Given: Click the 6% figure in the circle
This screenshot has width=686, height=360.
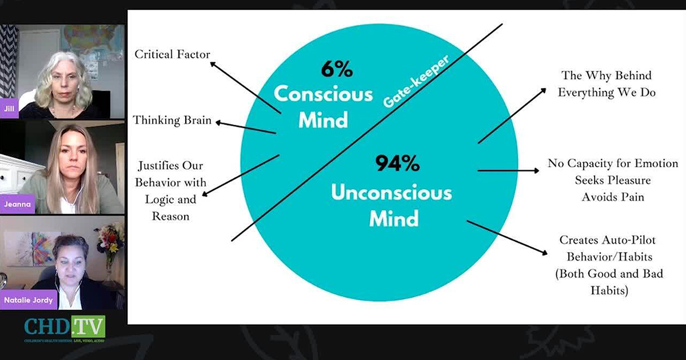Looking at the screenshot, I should tap(337, 70).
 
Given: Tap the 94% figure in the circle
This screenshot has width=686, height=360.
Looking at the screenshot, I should tap(397, 165).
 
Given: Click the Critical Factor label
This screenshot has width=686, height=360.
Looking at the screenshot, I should tap(172, 55).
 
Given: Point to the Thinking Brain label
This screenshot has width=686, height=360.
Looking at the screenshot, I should tap(172, 121).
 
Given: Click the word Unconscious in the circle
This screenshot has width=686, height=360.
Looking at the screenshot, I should tap(392, 193).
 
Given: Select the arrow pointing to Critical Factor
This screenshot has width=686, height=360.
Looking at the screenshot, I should tap(245, 86).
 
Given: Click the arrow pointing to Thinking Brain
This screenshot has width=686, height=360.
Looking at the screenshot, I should tap(245, 127).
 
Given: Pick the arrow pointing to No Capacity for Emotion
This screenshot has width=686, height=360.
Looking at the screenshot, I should tap(508, 170).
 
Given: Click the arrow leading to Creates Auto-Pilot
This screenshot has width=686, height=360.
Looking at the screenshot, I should tap(506, 237).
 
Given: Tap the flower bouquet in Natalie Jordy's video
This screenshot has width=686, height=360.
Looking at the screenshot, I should tap(110, 238).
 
